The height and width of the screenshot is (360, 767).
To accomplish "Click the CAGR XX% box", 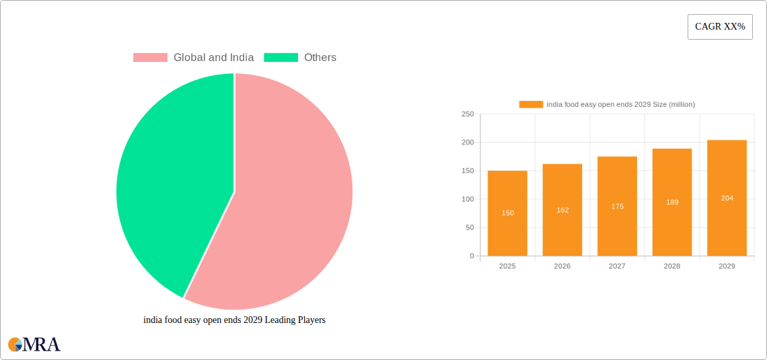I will [x=720, y=27].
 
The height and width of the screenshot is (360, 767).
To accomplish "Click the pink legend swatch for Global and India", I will [x=150, y=58].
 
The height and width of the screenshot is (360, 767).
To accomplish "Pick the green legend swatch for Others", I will [x=281, y=58].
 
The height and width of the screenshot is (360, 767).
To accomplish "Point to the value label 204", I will [x=727, y=198].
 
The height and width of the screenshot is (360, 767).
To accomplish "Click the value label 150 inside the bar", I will [x=507, y=213].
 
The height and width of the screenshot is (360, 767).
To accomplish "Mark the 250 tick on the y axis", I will [x=467, y=114].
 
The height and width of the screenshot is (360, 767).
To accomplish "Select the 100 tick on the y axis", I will [x=467, y=199].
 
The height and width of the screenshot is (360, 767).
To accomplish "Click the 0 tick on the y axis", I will [x=471, y=256].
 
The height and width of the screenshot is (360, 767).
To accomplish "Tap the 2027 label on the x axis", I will [x=617, y=266].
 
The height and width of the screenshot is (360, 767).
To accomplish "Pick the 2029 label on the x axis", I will [x=727, y=266].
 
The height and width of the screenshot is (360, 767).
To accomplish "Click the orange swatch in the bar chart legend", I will [x=531, y=104].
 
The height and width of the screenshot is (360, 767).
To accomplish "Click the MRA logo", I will [x=34, y=345].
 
